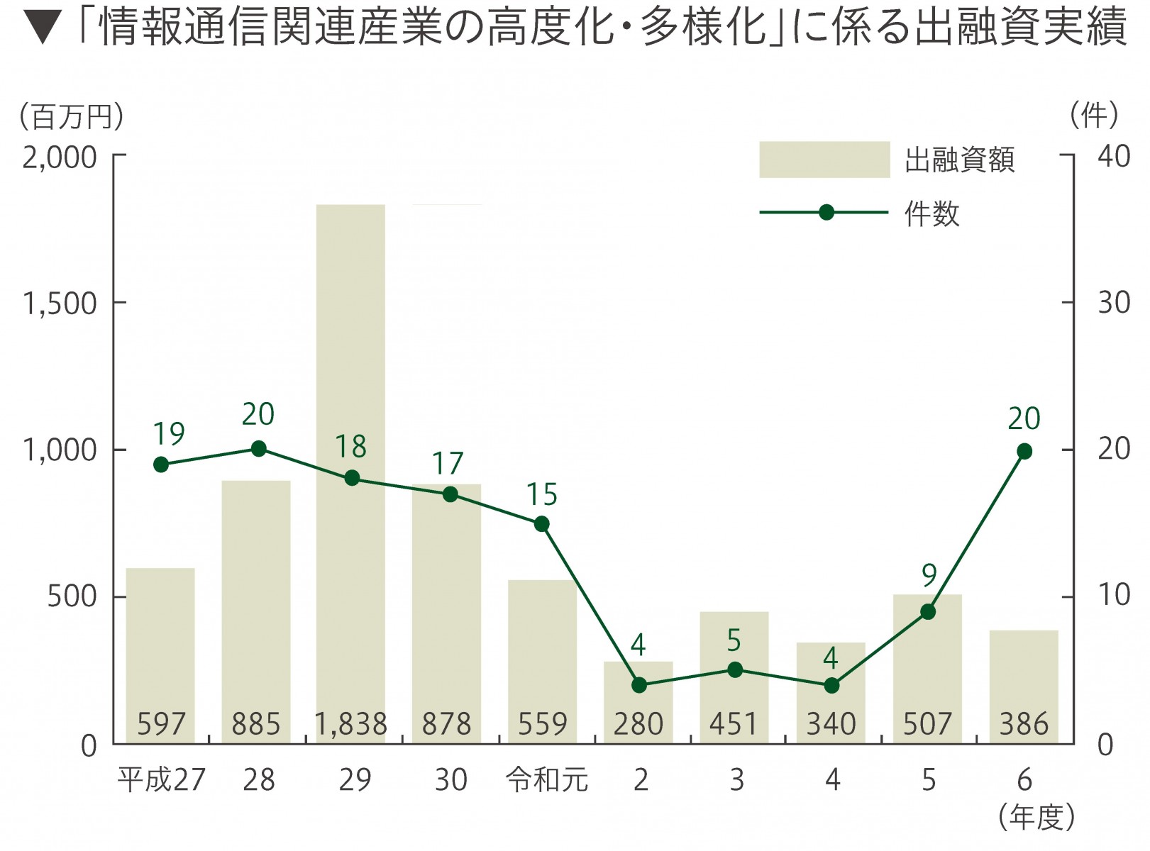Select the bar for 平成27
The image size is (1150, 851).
point(160,652)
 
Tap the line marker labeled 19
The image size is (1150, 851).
point(161,465)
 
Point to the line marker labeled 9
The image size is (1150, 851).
point(928,611)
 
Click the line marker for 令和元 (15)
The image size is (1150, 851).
point(541,524)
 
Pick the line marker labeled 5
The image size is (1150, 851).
point(735,669)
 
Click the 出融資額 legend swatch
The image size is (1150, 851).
point(824,160)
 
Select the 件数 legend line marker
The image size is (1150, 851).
point(826,212)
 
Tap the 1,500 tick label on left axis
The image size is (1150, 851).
point(60,304)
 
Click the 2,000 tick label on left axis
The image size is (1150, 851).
point(60,157)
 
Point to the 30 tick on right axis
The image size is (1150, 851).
point(1113,303)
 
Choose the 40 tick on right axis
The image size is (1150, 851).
point(1113,156)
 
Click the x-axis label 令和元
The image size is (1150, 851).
point(547,780)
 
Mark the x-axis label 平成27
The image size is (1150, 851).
point(162,780)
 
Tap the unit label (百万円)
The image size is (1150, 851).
point(71,116)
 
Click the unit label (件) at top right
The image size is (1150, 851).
point(1094,115)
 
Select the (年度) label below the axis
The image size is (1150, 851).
point(1036,818)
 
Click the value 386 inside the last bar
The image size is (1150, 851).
point(1023,724)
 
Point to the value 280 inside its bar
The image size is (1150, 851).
point(638,724)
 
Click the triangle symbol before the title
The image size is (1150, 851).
point(43,28)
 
